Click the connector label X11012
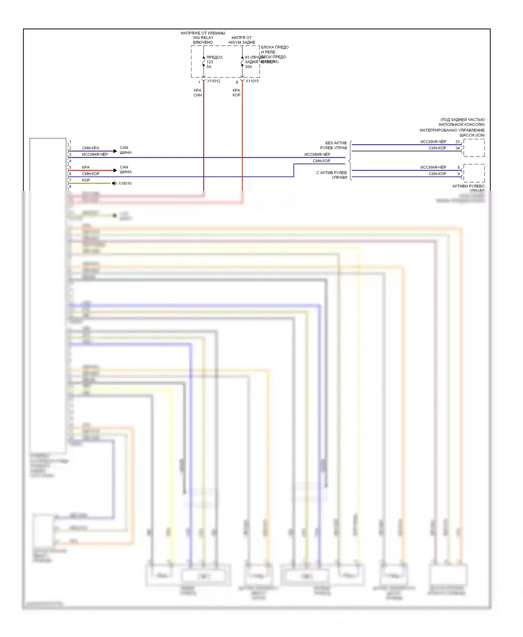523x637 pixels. click(x=213, y=81)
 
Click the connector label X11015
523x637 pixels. click(x=252, y=81)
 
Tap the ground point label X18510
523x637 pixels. click(x=125, y=183)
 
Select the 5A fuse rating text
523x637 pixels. click(x=209, y=67)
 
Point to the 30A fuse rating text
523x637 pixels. click(x=248, y=67)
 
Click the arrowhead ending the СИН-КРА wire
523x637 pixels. click(x=115, y=151)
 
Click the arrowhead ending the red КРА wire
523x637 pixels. click(x=115, y=170)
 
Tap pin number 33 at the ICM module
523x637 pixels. click(x=457, y=142)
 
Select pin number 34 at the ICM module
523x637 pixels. click(x=457, y=148)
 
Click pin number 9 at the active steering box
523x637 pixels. click(x=458, y=174)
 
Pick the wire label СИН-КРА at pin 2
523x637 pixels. click(x=90, y=148)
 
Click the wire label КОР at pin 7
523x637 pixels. click(x=86, y=180)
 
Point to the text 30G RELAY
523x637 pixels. click(x=203, y=38)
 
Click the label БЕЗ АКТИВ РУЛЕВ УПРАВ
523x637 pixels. click(x=334, y=145)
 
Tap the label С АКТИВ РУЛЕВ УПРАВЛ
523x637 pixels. click(x=332, y=175)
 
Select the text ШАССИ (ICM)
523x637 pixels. click(x=472, y=135)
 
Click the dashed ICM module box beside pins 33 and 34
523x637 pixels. click(x=474, y=148)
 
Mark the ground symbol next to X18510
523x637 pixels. click(x=114, y=183)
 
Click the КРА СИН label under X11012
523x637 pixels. click(x=198, y=93)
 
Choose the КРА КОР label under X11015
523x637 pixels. click(x=236, y=93)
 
